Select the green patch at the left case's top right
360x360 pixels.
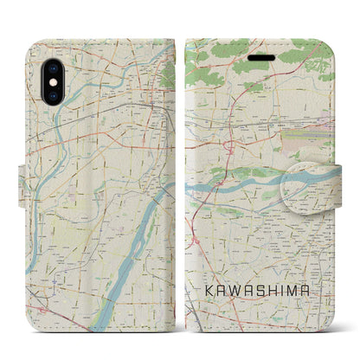(167, 74)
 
